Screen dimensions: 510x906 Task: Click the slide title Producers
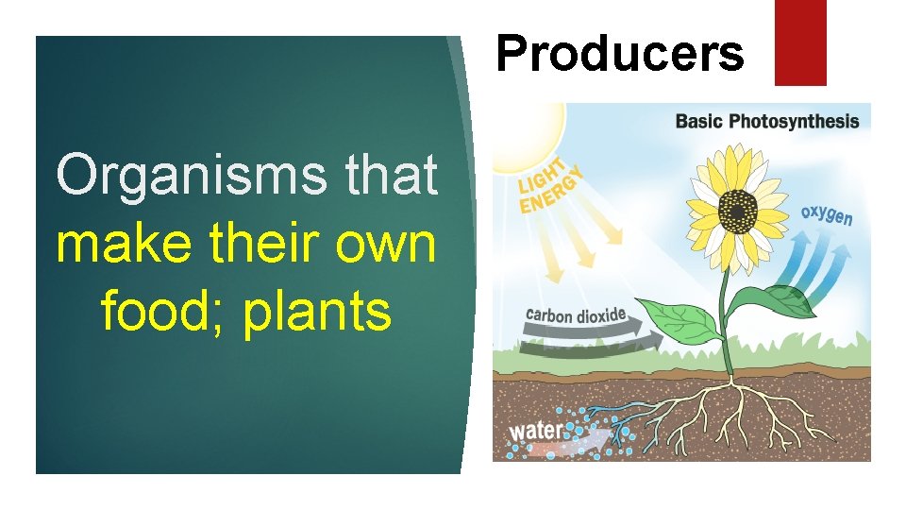coord(619,54)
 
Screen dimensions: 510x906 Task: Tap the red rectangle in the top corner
coord(800,42)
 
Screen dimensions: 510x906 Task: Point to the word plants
coord(317,314)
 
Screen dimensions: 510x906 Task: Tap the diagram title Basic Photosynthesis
coord(766,121)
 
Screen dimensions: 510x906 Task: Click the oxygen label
coord(827,214)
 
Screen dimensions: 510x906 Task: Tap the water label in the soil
coord(536,431)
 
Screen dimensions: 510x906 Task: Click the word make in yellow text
coord(115,244)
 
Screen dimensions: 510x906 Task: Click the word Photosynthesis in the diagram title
coord(799,121)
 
